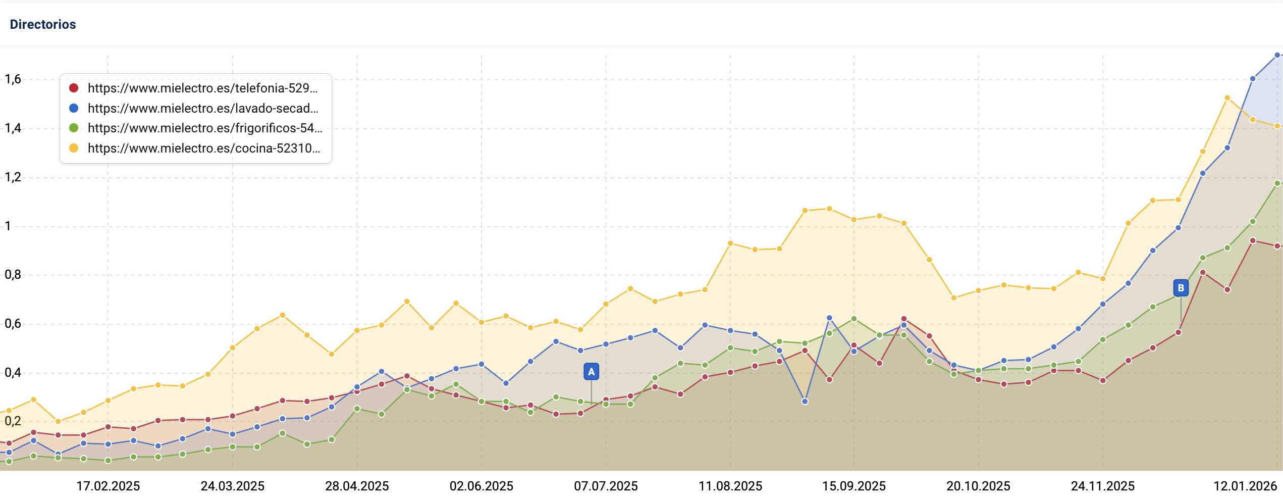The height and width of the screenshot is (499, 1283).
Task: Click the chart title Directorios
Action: coord(43,24)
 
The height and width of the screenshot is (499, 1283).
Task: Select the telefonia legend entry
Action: coord(202,88)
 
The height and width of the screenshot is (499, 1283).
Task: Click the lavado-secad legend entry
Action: coord(202,109)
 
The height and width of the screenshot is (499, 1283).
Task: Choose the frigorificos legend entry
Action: coord(204,128)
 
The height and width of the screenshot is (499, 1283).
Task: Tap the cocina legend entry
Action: coord(203,148)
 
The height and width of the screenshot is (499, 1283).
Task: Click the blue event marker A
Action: coord(591,372)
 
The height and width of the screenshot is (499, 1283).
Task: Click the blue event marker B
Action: coord(1181,288)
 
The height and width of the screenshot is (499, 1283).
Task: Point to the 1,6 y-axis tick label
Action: coord(13,79)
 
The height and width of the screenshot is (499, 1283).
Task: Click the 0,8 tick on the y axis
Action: coord(13,275)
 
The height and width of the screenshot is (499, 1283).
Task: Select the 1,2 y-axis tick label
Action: coord(13,177)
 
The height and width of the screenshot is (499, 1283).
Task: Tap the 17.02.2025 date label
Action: coord(108,486)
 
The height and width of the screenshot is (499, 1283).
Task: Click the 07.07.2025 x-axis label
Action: coord(606,486)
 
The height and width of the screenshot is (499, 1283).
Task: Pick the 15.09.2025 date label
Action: coord(854,486)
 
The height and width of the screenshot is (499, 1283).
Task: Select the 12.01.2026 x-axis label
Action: coord(1245,486)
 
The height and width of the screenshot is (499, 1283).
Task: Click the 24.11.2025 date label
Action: coord(1103,486)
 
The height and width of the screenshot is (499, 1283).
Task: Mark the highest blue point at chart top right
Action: coord(1277,55)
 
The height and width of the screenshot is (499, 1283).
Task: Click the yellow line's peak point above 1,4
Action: coord(1227,98)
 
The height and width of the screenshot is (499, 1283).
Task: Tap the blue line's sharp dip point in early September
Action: coord(805,402)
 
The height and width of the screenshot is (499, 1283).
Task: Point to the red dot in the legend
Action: coord(74,88)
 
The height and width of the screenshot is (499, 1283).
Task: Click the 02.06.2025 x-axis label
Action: coord(482,486)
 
